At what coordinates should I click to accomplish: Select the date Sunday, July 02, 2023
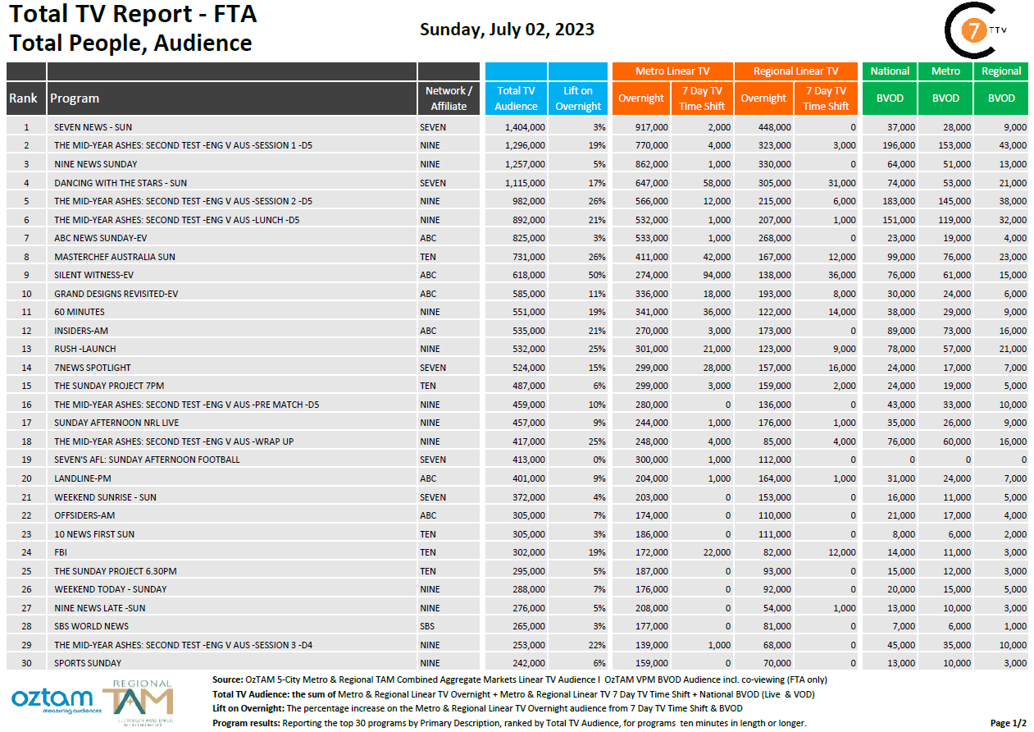click(507, 30)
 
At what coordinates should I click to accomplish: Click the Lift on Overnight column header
click(578, 98)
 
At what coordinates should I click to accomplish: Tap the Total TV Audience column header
click(516, 98)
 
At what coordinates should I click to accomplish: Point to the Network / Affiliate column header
click(449, 98)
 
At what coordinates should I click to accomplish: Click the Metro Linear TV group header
click(672, 71)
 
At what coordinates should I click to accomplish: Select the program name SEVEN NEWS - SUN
click(93, 127)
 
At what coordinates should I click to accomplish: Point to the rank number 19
click(26, 460)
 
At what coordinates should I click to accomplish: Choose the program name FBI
click(61, 552)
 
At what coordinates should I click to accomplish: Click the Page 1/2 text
click(1008, 723)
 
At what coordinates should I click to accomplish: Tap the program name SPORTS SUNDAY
click(88, 663)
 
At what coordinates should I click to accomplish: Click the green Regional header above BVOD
click(1001, 71)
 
